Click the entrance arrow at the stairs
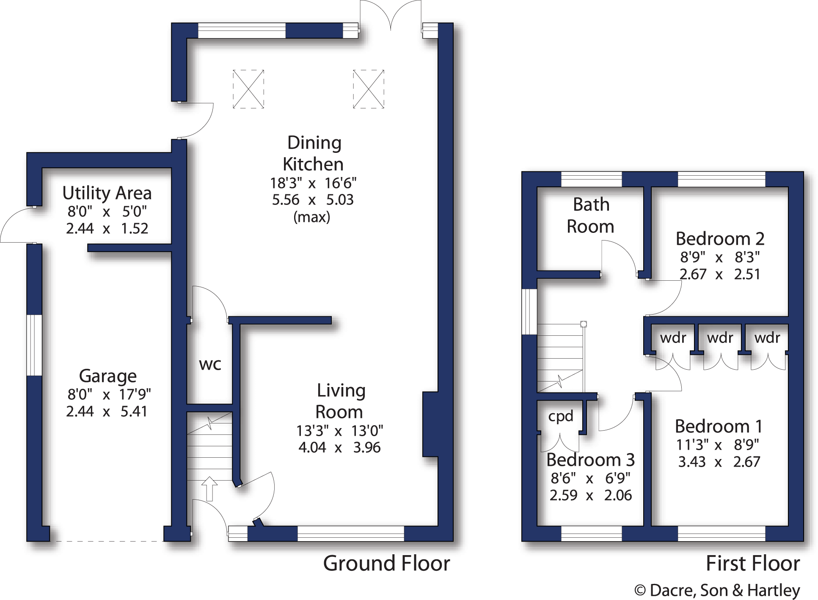click(209, 489)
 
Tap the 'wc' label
click(210, 364)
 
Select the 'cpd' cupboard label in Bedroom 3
click(560, 416)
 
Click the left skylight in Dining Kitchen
click(248, 89)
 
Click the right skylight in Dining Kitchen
click(369, 89)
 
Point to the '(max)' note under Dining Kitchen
click(312, 217)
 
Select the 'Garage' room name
click(108, 376)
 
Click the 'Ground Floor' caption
click(386, 564)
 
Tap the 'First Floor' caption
click(752, 564)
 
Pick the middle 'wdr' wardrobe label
click(720, 338)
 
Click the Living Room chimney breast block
click(430, 424)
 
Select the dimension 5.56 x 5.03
click(312, 199)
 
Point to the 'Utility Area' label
click(107, 193)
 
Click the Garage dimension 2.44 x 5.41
click(107, 411)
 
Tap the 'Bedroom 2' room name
click(720, 239)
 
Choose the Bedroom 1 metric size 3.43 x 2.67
click(719, 462)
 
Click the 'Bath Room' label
click(591, 216)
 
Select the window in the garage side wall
click(34, 345)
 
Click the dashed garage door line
click(107, 541)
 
